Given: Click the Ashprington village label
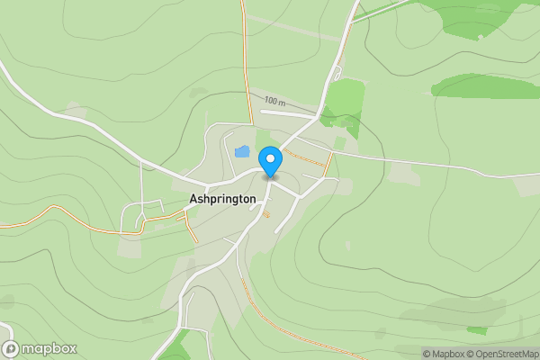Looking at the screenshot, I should (223, 198).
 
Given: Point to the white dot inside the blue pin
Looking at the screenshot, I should (270, 157).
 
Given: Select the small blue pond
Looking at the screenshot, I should (242, 151).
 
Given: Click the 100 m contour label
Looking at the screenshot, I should (274, 102).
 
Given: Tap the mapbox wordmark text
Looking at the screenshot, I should (49, 348).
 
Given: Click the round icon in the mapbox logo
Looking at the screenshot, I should (11, 348).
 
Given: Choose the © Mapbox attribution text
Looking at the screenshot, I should (445, 354).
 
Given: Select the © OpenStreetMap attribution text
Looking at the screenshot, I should (503, 354).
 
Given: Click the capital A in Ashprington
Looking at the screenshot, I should (194, 198).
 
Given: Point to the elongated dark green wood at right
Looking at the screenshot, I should (486, 85).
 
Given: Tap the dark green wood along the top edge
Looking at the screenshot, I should (477, 18).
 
